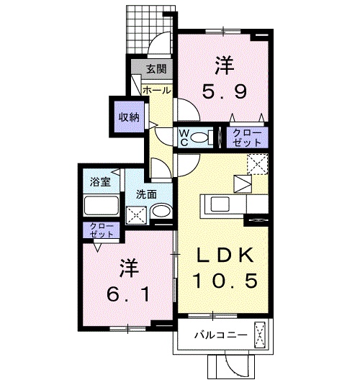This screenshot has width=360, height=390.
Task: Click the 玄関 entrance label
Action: click(x=157, y=69)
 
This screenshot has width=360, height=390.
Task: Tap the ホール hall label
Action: click(x=156, y=90)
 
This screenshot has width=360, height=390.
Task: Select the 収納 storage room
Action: click(x=130, y=116)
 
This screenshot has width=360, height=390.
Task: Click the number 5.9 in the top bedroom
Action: click(x=224, y=92)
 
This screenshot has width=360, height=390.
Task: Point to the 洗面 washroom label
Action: click(x=146, y=194)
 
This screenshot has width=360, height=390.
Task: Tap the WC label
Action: click(x=184, y=137)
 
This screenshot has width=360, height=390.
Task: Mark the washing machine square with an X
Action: click(x=135, y=213)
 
